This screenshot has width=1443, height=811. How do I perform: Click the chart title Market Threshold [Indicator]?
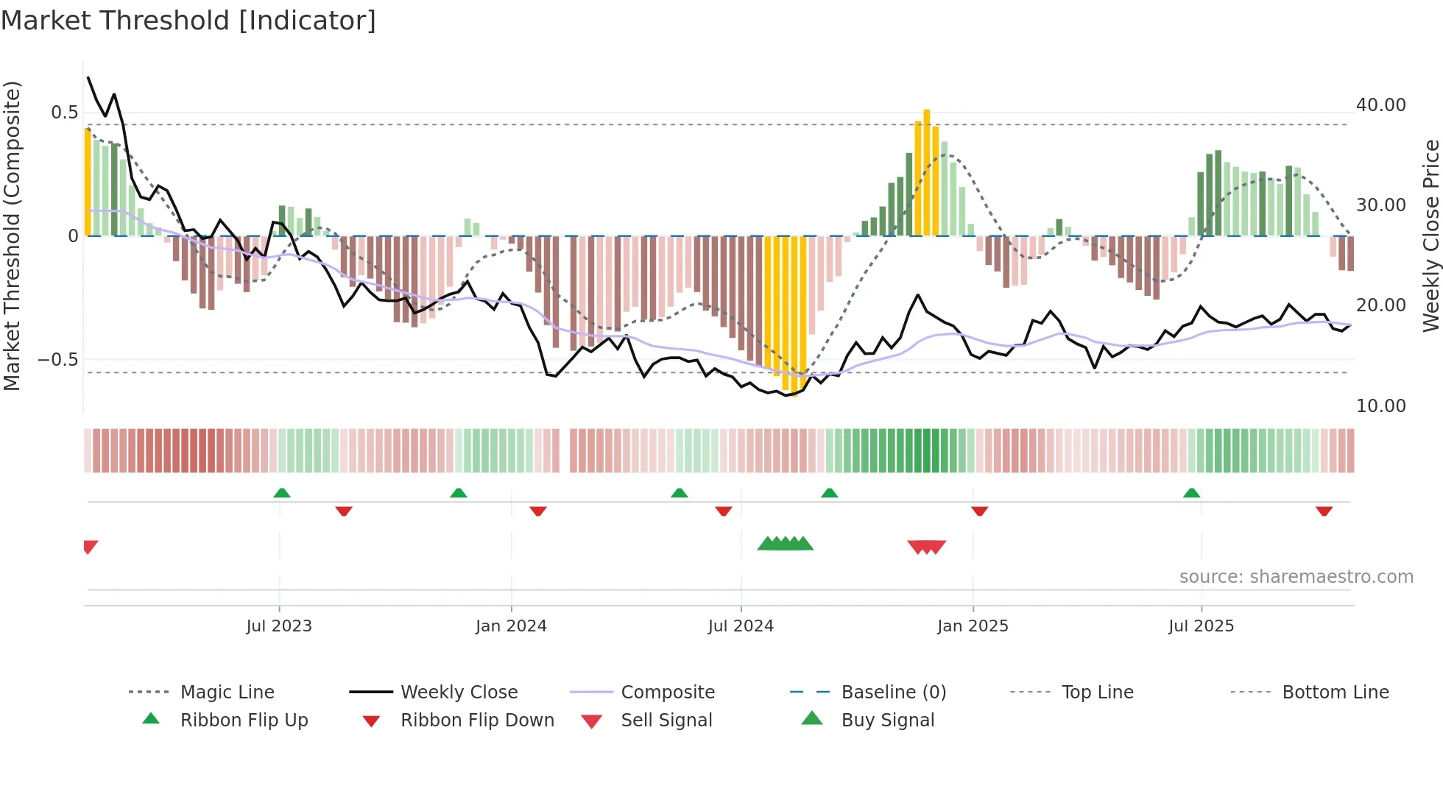[188, 21]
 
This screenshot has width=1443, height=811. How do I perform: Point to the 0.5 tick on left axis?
[64, 113]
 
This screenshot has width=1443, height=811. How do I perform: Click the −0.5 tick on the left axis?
[58, 360]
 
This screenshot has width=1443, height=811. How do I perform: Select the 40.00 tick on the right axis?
[1380, 105]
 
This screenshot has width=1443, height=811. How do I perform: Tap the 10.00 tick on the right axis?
[1380, 406]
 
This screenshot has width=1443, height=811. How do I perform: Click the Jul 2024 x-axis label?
[740, 626]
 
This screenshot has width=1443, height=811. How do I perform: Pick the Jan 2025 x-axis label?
[972, 626]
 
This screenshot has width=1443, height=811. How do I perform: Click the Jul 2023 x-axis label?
[278, 626]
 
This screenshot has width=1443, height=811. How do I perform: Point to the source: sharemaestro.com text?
[1296, 577]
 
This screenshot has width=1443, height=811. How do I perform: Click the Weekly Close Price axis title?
[1430, 235]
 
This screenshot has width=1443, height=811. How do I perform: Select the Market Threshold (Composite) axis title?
[12, 235]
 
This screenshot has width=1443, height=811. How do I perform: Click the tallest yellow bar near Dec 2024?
[926, 173]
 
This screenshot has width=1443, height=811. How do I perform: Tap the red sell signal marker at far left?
[90, 547]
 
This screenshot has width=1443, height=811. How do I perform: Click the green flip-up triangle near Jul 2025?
[1191, 493]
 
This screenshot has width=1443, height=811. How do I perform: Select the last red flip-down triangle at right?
[1324, 511]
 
